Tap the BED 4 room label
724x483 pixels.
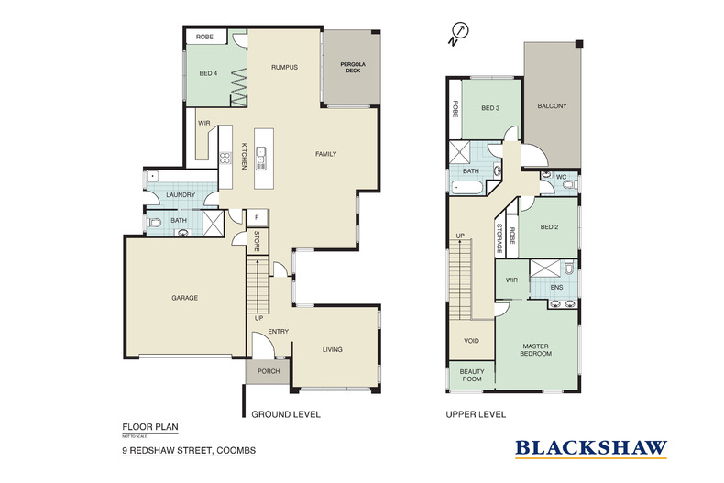pos(208,73)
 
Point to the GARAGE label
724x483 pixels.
pos(184,298)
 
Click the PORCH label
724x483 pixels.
pos(267,372)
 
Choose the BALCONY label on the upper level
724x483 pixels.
pos(553,105)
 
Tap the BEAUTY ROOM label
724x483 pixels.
pos(471,376)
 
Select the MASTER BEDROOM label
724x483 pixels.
pos(535,349)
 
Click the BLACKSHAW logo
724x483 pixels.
pos(590,448)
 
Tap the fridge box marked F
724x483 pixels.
pos(258,217)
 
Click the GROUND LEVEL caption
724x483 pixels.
pos(286,414)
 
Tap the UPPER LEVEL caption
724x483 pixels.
pos(476,414)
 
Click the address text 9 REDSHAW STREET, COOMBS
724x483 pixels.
pos(189,451)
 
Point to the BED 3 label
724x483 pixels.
pos(490,108)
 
